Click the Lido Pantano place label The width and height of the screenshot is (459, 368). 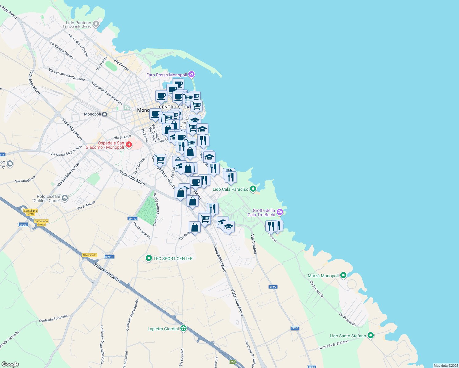79,23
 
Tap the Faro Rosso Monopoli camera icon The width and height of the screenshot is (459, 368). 192,74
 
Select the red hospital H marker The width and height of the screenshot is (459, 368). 129,144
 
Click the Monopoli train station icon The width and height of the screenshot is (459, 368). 105,114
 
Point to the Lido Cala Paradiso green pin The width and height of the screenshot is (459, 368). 253,189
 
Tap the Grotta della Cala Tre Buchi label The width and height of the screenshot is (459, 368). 264,213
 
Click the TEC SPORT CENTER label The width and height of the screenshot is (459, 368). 173,259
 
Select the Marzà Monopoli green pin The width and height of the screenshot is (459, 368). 343,275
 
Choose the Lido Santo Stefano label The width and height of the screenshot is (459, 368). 348,336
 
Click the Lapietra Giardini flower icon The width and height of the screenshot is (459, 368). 183,328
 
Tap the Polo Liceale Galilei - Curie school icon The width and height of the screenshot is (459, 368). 64,198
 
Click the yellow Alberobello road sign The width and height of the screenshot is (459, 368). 90,255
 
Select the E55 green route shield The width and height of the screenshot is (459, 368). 233,362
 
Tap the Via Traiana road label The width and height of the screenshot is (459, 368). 254,244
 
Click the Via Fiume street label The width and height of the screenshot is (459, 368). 121,65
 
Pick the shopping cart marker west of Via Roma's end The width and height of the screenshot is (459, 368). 160,159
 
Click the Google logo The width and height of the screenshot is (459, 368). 10,364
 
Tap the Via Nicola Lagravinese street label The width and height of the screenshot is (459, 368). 67,151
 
